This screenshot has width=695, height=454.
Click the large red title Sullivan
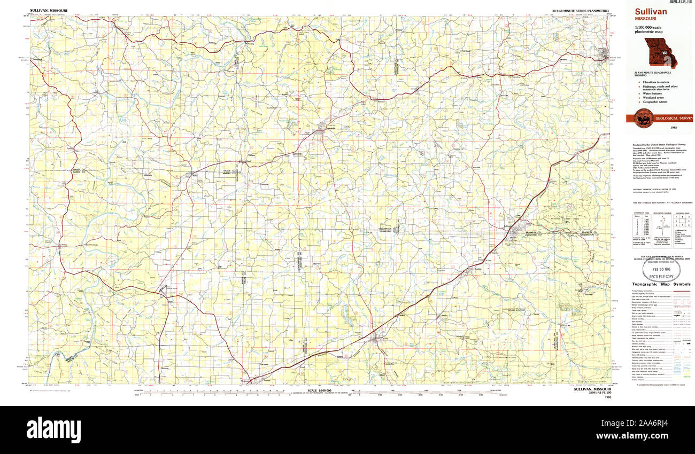[x=651, y=11]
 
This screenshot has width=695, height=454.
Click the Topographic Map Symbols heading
[x=661, y=285]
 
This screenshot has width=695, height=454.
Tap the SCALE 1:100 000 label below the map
[x=320, y=390]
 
